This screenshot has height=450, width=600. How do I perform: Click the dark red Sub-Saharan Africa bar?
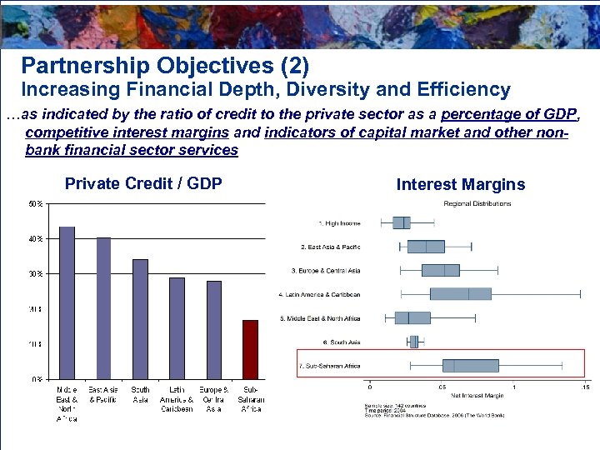point(250,349)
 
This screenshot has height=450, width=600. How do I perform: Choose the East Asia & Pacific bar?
point(103,307)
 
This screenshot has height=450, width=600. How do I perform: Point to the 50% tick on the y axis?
point(38,203)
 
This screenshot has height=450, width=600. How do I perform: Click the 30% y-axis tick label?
point(38,273)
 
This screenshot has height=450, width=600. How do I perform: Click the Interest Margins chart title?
point(461,185)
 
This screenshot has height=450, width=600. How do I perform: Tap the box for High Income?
point(402,222)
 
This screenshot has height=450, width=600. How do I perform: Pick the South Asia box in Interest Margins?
point(414,342)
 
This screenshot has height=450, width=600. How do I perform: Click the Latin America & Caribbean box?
point(460,294)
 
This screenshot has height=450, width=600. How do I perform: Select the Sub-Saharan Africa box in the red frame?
point(470,366)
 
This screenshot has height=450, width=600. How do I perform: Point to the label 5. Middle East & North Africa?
point(320,318)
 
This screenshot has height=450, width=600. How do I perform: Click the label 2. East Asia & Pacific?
point(330,247)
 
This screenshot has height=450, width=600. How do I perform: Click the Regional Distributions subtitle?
point(477,203)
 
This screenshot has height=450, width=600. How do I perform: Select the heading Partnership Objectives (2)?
point(165,65)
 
